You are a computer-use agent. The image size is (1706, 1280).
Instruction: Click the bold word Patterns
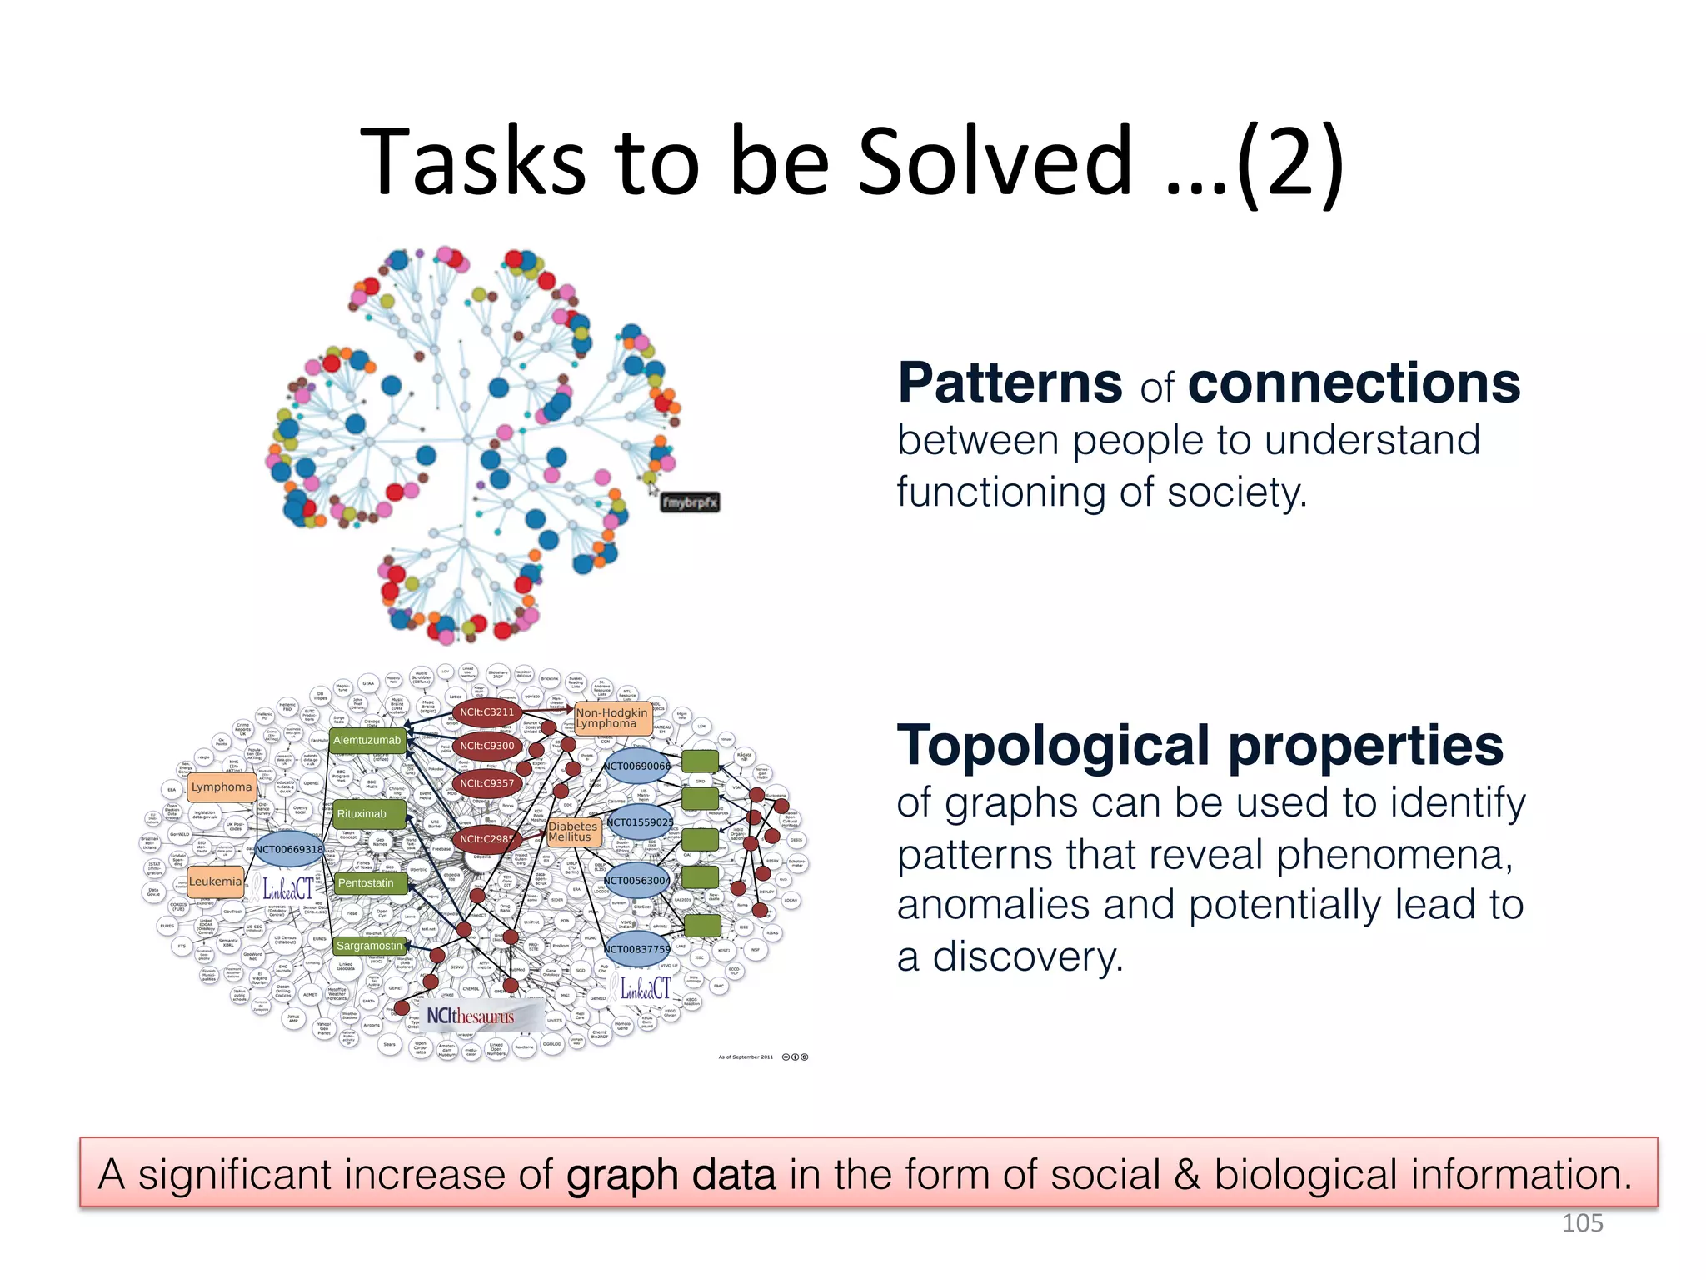coord(1010,383)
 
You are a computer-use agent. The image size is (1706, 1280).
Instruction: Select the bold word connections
coord(1354,383)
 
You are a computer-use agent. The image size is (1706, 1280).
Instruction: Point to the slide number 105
coord(1582,1223)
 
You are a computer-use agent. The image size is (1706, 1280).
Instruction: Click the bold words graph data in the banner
coord(671,1175)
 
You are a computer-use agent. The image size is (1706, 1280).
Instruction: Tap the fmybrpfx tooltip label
coord(690,502)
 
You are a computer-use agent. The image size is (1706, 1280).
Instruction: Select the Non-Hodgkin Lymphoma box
coord(612,718)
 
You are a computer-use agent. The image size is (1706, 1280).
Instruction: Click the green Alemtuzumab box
coord(367,740)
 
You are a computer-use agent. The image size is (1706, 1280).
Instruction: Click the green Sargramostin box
coord(369,946)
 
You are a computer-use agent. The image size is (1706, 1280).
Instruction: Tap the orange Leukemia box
coord(215,882)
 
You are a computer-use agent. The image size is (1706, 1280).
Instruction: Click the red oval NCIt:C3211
coord(487,712)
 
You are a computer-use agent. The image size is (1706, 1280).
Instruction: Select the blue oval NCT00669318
coord(288,849)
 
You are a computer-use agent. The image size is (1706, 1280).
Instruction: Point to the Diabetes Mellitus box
coord(573,832)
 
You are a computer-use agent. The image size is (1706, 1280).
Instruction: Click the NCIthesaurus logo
coord(471,1017)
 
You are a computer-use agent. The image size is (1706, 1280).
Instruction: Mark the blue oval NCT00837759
coord(636,949)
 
